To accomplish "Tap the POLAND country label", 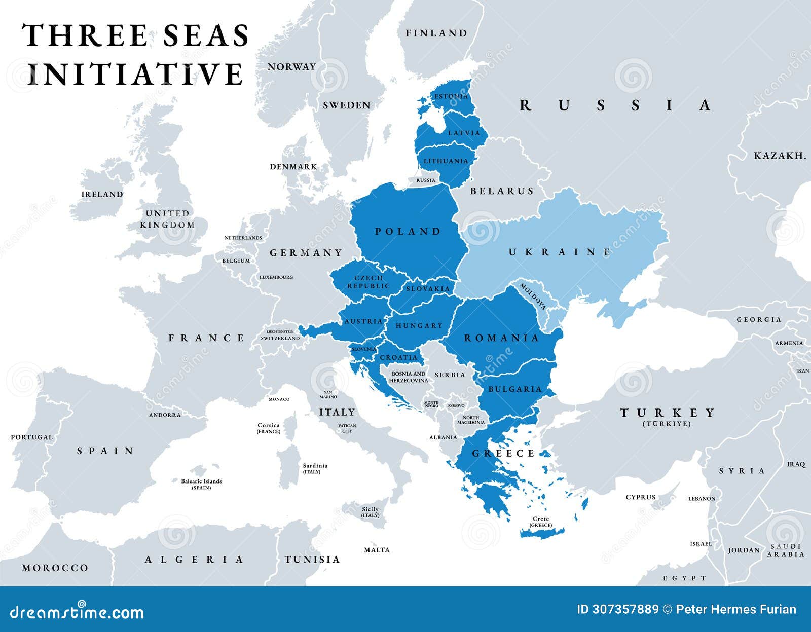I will click(x=408, y=232).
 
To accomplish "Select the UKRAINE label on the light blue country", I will click(x=560, y=252).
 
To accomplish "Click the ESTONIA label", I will click(x=451, y=96).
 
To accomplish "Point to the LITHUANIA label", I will click(x=446, y=161).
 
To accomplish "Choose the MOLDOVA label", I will click(x=533, y=297).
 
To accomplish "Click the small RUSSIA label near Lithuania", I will click(x=425, y=180).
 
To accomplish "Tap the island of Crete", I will click(x=542, y=531).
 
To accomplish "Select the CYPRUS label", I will click(x=640, y=497).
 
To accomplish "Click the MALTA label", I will click(x=377, y=550).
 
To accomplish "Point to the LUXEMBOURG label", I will click(x=276, y=277).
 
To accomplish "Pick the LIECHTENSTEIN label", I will click(x=280, y=331).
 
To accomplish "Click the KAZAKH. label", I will click(x=780, y=156).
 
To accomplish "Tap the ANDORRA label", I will click(x=165, y=415).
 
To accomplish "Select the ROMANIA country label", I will click(x=501, y=338).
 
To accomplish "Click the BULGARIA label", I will click(x=514, y=389).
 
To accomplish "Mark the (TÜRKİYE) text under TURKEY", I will click(x=667, y=424).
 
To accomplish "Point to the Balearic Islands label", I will click(x=201, y=481).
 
